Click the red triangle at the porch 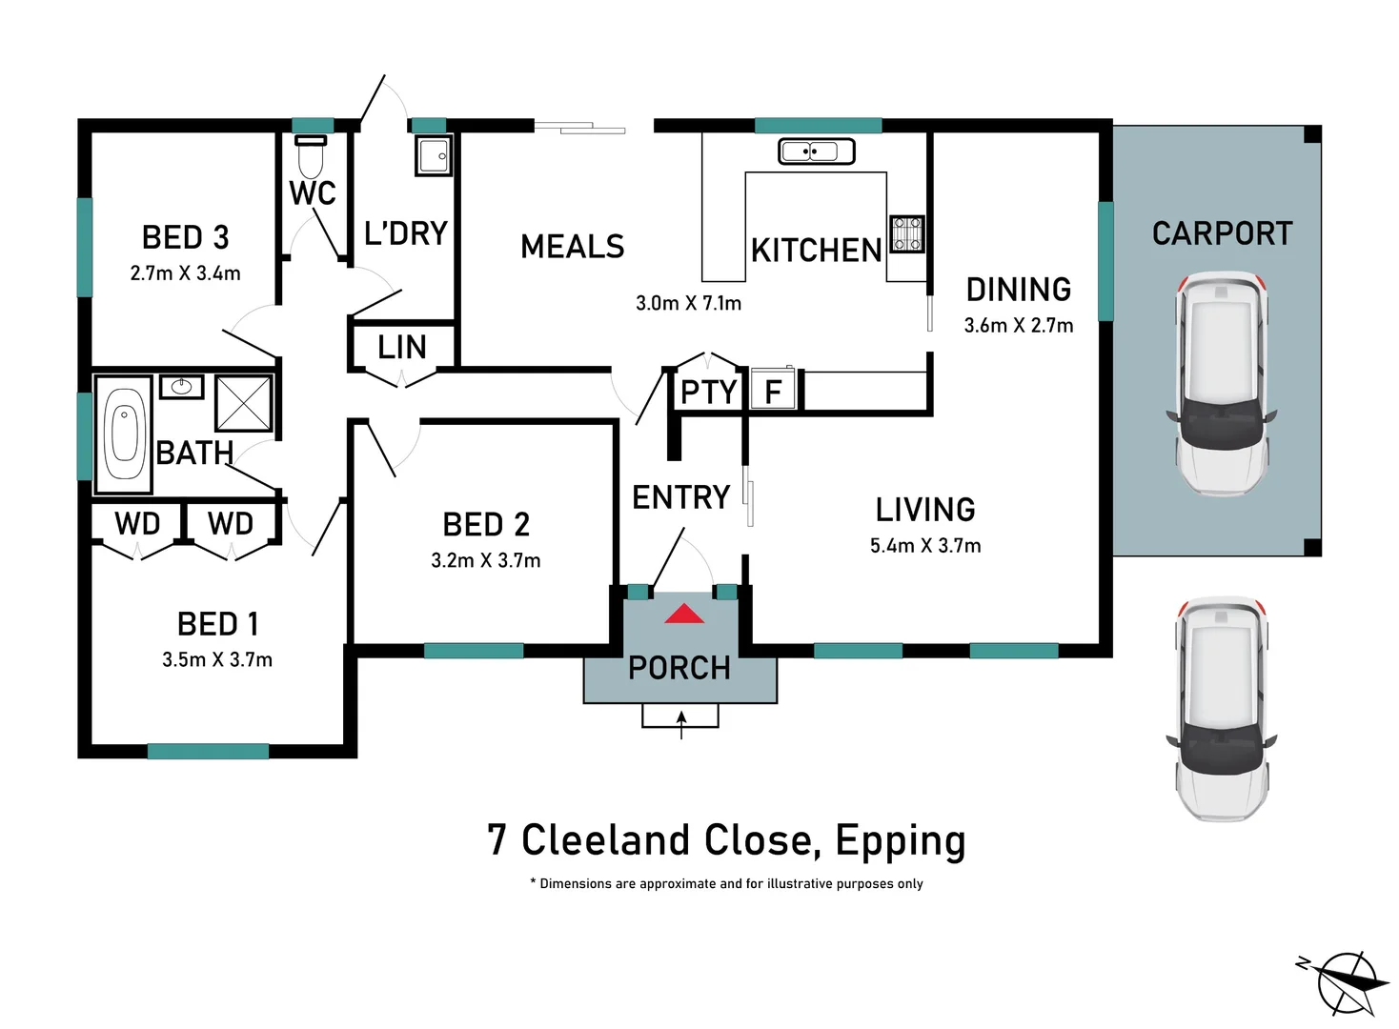(684, 615)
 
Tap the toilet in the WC (311, 153)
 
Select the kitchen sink (816, 151)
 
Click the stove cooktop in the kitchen (906, 233)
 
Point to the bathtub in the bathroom (124, 434)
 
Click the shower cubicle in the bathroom (244, 403)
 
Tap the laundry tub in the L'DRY (434, 155)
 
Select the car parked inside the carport (1221, 384)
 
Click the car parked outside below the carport (1221, 709)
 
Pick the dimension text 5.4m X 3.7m (924, 546)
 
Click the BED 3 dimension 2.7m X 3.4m (185, 273)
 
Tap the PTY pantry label (708, 392)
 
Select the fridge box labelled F (773, 391)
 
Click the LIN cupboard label (401, 347)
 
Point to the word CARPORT (1222, 233)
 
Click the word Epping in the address (900, 840)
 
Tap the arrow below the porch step (680, 723)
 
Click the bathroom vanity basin (181, 387)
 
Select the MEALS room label (572, 247)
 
